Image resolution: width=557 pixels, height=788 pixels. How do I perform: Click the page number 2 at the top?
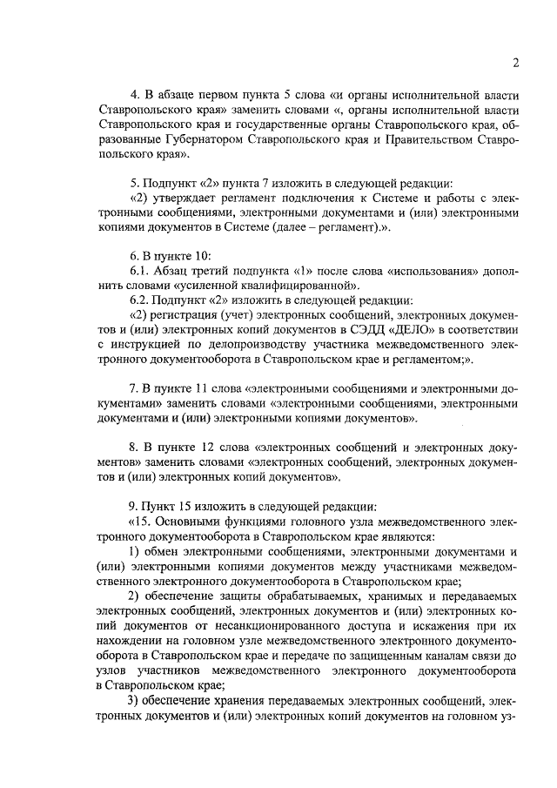(x=516, y=62)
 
